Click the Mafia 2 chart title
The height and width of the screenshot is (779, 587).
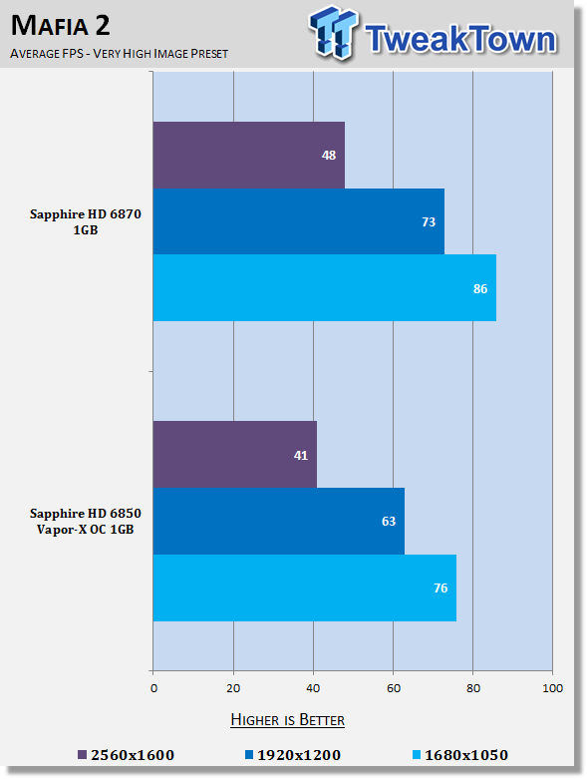[x=61, y=26]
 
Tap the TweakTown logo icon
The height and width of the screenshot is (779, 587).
[x=334, y=33]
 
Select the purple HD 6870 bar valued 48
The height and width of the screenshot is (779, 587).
[x=248, y=155]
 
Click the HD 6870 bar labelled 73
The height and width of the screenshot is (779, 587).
[x=299, y=221]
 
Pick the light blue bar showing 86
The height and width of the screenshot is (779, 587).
[x=325, y=288]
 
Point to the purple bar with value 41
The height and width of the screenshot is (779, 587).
[x=235, y=455]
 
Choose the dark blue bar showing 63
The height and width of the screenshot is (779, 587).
[x=279, y=521]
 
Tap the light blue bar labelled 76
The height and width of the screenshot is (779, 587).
[x=305, y=587]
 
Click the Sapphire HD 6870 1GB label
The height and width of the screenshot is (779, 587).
[x=86, y=222]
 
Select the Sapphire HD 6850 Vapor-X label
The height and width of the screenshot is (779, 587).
[x=86, y=521]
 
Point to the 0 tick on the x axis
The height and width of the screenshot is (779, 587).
[x=153, y=688]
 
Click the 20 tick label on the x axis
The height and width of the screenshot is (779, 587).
[x=233, y=688]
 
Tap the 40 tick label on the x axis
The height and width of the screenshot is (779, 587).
[x=313, y=688]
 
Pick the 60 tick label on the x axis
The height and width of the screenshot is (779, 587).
[x=394, y=688]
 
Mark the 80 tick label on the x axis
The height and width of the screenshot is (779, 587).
[x=473, y=688]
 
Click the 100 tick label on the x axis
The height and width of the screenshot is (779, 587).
[x=553, y=688]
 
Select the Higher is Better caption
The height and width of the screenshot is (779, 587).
[x=288, y=720]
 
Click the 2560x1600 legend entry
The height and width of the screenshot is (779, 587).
[x=127, y=755]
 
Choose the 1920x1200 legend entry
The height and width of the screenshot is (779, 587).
[x=293, y=755]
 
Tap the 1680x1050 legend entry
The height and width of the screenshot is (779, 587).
[x=460, y=755]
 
